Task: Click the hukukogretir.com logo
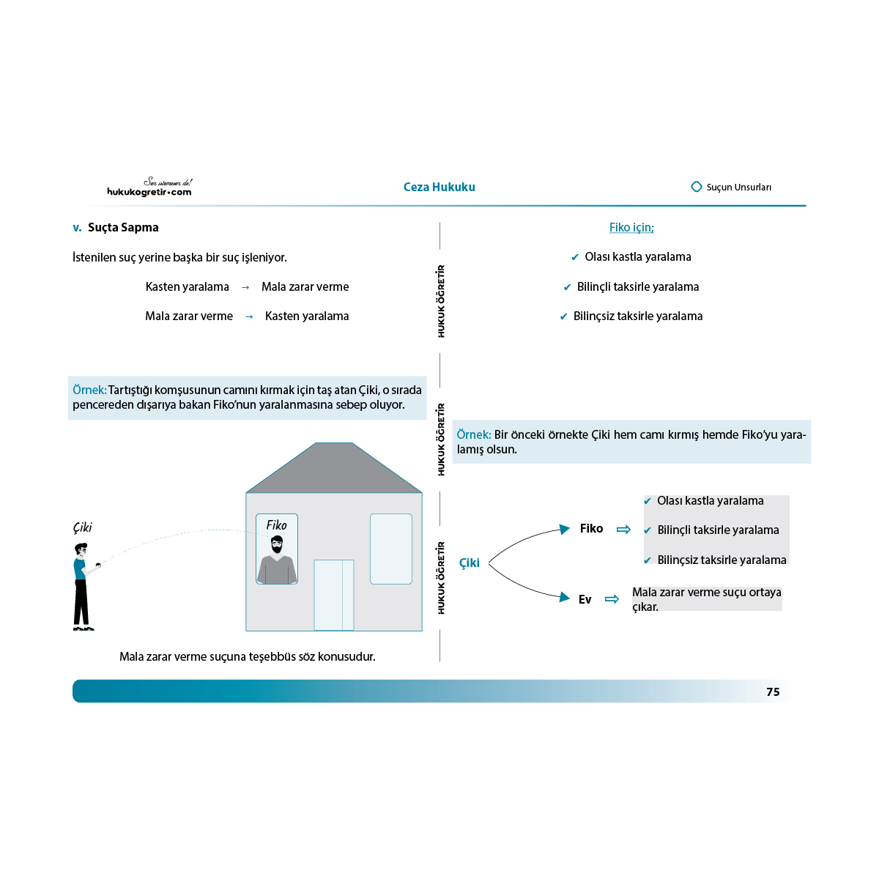pos(149,187)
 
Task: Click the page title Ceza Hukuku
pos(439,187)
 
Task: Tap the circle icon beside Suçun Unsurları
pos(696,187)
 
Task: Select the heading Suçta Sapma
pos(123,227)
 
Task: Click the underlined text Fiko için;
pos(631,227)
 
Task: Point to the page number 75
pos(773,691)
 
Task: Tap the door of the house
pos(333,595)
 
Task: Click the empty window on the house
pos(391,549)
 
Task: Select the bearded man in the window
pos(277,560)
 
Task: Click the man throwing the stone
pos(84,587)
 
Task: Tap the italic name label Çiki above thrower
pos(83,527)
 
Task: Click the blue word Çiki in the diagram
pos(469,563)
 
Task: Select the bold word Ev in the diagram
pos(585,599)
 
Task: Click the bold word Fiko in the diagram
pos(591,528)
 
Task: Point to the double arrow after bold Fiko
pos(623,529)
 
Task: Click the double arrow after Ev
pos(612,599)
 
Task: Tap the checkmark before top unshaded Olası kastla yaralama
pos(575,257)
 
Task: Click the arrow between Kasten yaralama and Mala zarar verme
pos(245,287)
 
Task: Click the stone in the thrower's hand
pos(98,565)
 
